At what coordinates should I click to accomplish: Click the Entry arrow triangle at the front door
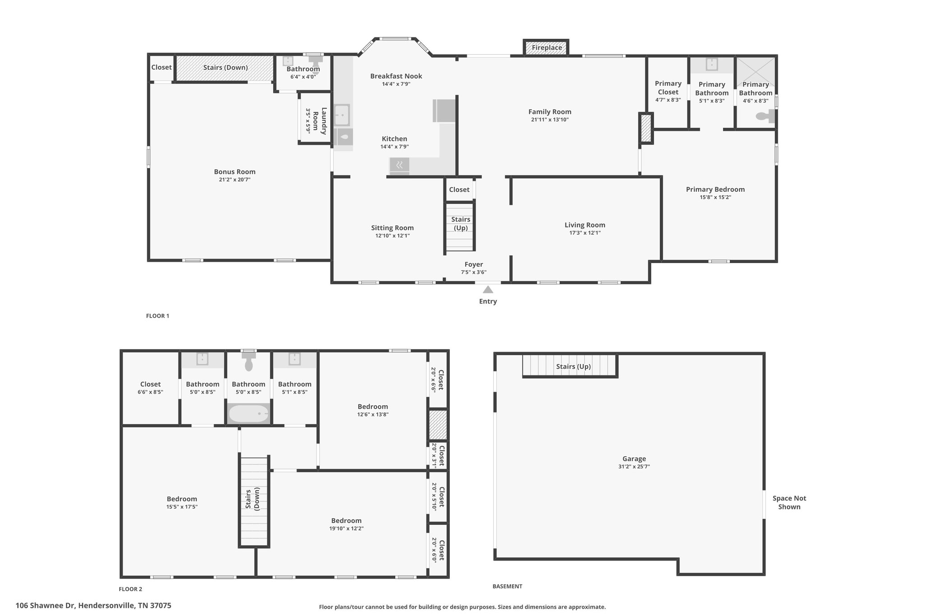tap(488, 289)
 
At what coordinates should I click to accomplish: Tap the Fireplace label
tap(547, 47)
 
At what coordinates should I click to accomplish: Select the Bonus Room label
tap(234, 171)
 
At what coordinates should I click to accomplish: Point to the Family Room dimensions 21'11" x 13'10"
tap(550, 120)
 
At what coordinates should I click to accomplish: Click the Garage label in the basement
tap(634, 459)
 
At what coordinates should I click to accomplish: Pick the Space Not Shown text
tap(789, 502)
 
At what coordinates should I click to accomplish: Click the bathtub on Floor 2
tap(248, 413)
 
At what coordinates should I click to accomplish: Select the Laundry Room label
tap(319, 120)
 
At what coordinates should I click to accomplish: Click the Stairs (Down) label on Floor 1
tap(225, 67)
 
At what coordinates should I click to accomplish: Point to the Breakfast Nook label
tap(396, 76)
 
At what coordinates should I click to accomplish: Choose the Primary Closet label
tap(668, 88)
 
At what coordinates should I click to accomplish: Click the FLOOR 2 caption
tap(131, 589)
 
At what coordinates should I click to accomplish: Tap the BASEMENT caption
tap(507, 586)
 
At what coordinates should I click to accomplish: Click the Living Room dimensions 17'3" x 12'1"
tap(585, 233)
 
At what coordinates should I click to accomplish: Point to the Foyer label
tap(474, 264)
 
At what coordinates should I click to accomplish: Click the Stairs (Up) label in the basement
tap(573, 366)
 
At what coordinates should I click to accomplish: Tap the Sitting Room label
tap(392, 228)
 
